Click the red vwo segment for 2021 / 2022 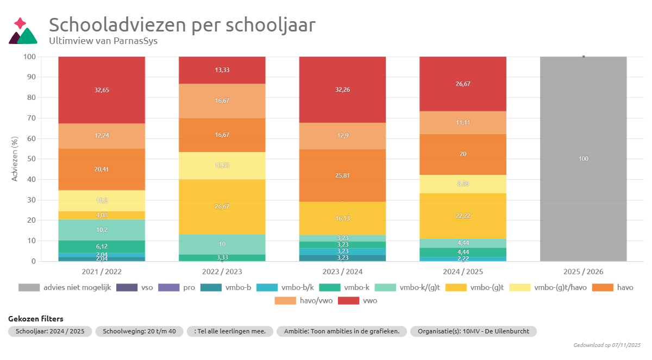pyautogui.click(x=102, y=90)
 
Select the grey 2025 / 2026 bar pyautogui.click(x=583, y=159)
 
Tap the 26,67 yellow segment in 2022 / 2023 pyautogui.click(x=222, y=207)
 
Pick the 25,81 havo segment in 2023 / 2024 pyautogui.click(x=342, y=175)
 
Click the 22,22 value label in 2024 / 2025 pyautogui.click(x=463, y=216)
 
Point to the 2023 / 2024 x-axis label pyautogui.click(x=342, y=271)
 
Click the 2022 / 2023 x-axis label pyautogui.click(x=222, y=271)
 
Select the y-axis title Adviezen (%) pyautogui.click(x=15, y=159)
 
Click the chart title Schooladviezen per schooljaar pyautogui.click(x=182, y=25)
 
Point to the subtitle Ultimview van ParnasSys pyautogui.click(x=103, y=41)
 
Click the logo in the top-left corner pyautogui.click(x=23, y=31)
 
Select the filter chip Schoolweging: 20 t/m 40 pyautogui.click(x=139, y=331)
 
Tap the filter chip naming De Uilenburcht pyautogui.click(x=473, y=331)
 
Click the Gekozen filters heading pyautogui.click(x=35, y=319)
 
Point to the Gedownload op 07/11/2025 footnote pyautogui.click(x=607, y=345)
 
